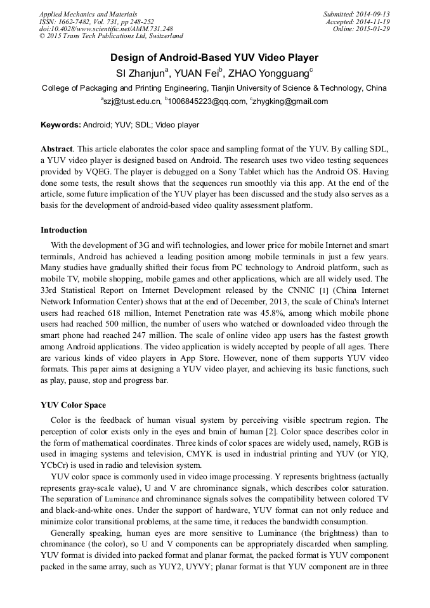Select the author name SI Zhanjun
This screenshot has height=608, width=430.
point(139,73)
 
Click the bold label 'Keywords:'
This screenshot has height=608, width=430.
point(61,125)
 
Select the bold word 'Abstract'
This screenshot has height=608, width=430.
point(56,148)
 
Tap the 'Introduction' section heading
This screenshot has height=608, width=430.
point(64,230)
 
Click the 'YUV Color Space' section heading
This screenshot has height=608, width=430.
point(74,405)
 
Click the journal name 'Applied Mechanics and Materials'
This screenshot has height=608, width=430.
point(88,14)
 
